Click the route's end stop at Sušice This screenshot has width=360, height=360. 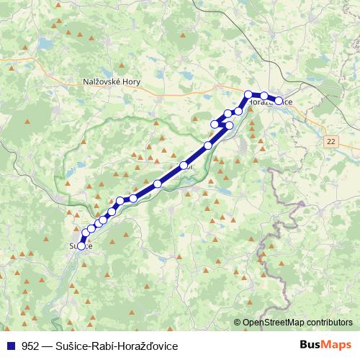81,246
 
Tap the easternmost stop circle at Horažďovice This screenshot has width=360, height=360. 279,101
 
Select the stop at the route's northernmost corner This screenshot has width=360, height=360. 248,94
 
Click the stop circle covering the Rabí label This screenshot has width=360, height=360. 184,166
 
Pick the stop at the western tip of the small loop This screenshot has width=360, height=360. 214,125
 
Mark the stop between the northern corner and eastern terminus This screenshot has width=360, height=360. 264,96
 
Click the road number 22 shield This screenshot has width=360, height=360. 330,140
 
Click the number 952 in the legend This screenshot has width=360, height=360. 30,346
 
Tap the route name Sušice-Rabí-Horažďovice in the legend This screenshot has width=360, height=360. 120,346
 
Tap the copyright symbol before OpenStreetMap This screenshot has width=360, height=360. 238,322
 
